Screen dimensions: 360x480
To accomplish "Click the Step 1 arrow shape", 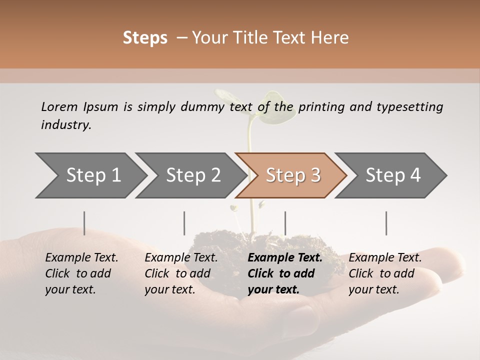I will point(90,175).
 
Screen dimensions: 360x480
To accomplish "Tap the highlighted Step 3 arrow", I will point(292,175).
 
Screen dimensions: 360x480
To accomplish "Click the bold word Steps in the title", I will point(145,38).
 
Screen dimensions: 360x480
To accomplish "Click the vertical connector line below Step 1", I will point(84,223).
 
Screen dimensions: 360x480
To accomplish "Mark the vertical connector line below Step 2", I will point(184,223).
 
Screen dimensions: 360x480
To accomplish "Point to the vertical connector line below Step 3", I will point(285,223).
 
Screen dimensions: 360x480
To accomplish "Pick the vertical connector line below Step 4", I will point(386,223).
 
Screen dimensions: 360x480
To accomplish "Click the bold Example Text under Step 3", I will point(285,257).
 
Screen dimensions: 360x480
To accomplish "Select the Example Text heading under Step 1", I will point(81,257).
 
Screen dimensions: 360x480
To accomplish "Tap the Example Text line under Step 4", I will point(385,257).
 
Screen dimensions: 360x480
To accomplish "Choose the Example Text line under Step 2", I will point(181,257).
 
